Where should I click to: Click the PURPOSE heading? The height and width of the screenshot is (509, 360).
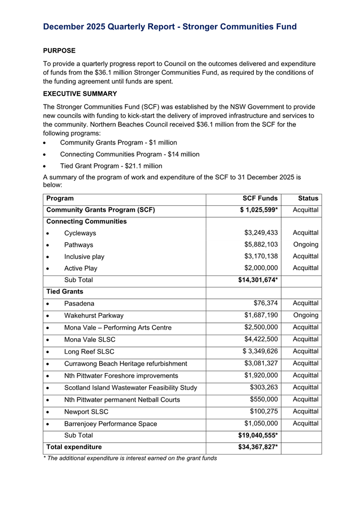pyautogui.click(x=59, y=51)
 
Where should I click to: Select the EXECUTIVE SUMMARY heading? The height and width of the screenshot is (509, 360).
pyautogui.click(x=80, y=93)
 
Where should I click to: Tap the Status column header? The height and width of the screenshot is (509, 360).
pyautogui.click(x=308, y=198)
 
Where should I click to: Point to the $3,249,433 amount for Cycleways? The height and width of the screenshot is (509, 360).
pyautogui.click(x=261, y=233)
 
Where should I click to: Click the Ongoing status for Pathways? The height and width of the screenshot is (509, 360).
pyautogui.click(x=306, y=245)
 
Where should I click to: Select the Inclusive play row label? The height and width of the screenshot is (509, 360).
pyautogui.click(x=84, y=257)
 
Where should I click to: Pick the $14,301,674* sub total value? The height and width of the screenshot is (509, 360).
pyautogui.click(x=258, y=280)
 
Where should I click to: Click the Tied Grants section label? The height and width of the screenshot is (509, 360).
pyautogui.click(x=65, y=292)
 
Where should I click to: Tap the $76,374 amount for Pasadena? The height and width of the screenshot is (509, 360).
pyautogui.click(x=266, y=304)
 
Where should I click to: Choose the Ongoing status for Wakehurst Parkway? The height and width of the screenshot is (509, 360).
pyautogui.click(x=306, y=315)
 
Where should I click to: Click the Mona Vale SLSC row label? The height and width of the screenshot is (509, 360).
pyautogui.click(x=90, y=339)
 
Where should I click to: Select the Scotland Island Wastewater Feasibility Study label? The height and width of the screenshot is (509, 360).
pyautogui.click(x=131, y=387)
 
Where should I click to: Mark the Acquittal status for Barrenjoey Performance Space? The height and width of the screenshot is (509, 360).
pyautogui.click(x=306, y=424)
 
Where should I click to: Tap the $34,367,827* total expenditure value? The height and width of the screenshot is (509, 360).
pyautogui.click(x=258, y=447)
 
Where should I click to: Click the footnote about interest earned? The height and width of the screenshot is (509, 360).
pyautogui.click(x=130, y=458)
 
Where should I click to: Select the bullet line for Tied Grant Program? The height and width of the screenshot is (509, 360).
pyautogui.click(x=111, y=166)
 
